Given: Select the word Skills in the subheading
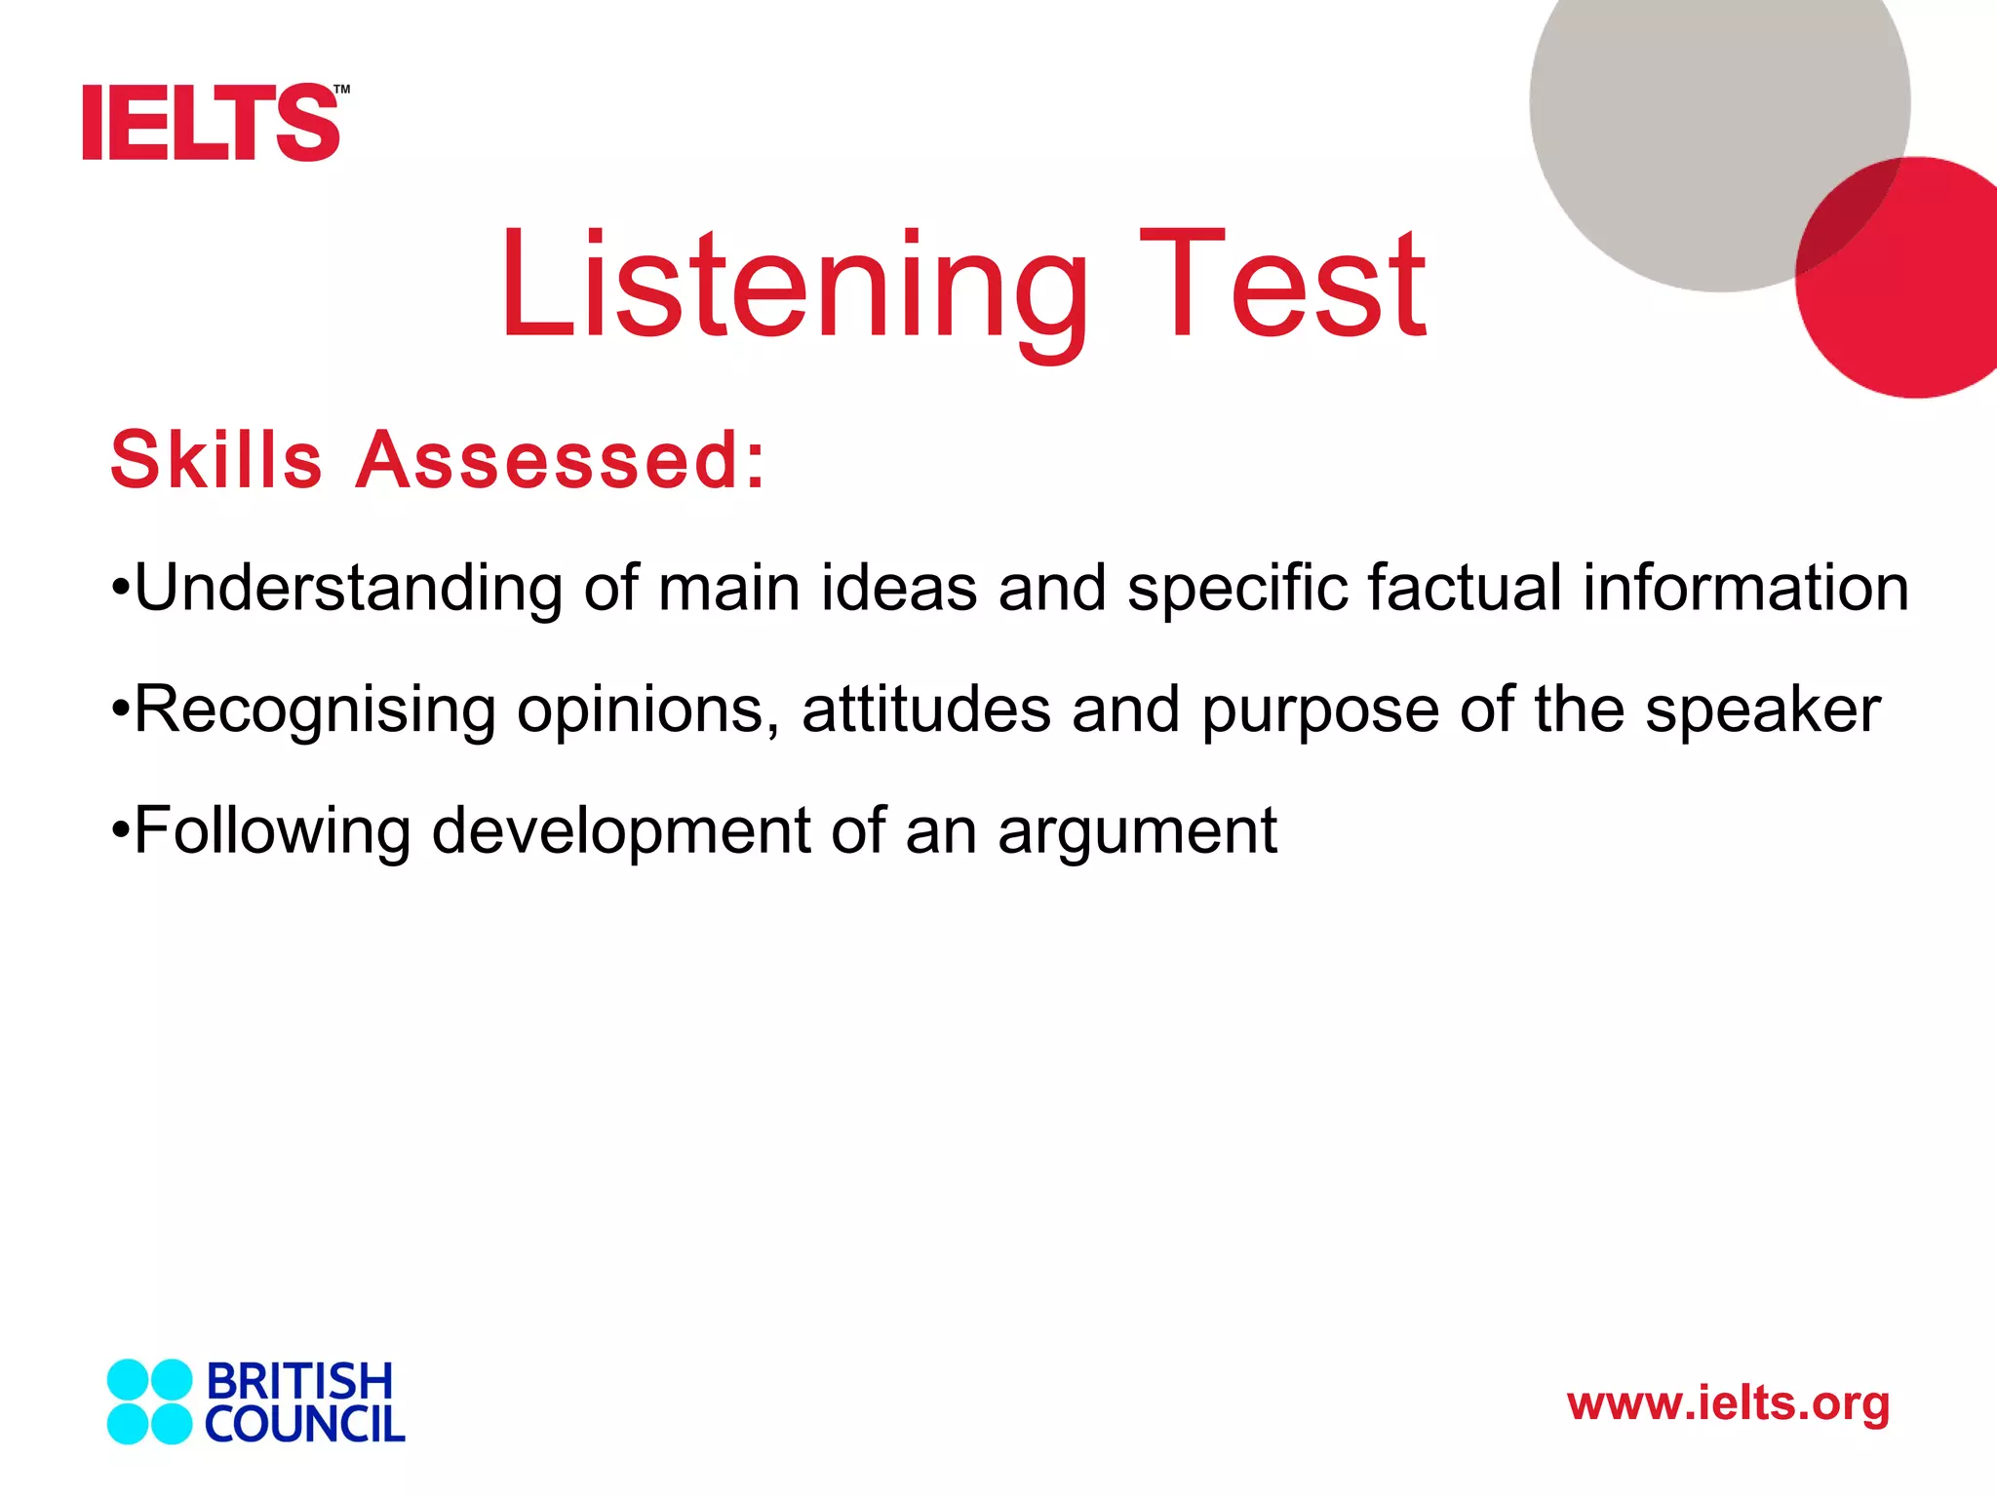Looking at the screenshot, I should click(216, 460).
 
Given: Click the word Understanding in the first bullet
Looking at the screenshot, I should click(349, 589).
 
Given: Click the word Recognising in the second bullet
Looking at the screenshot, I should click(315, 710).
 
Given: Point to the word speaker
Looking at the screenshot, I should click(1763, 710).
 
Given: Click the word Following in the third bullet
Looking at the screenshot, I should click(272, 831).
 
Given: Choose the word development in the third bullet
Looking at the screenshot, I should click(620, 831).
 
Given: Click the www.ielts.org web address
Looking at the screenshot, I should click(1728, 1404).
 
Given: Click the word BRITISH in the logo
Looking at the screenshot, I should click(299, 1381).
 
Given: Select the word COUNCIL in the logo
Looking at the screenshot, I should click(304, 1425).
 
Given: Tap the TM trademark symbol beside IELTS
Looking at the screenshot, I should click(341, 91).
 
